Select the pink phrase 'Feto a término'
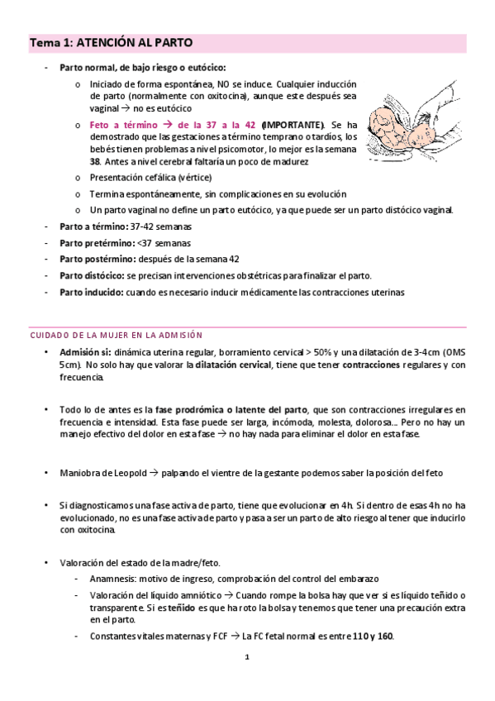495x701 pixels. [x=125, y=124]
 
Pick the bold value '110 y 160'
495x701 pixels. [x=373, y=637]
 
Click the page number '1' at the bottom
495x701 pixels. [x=247, y=658]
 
